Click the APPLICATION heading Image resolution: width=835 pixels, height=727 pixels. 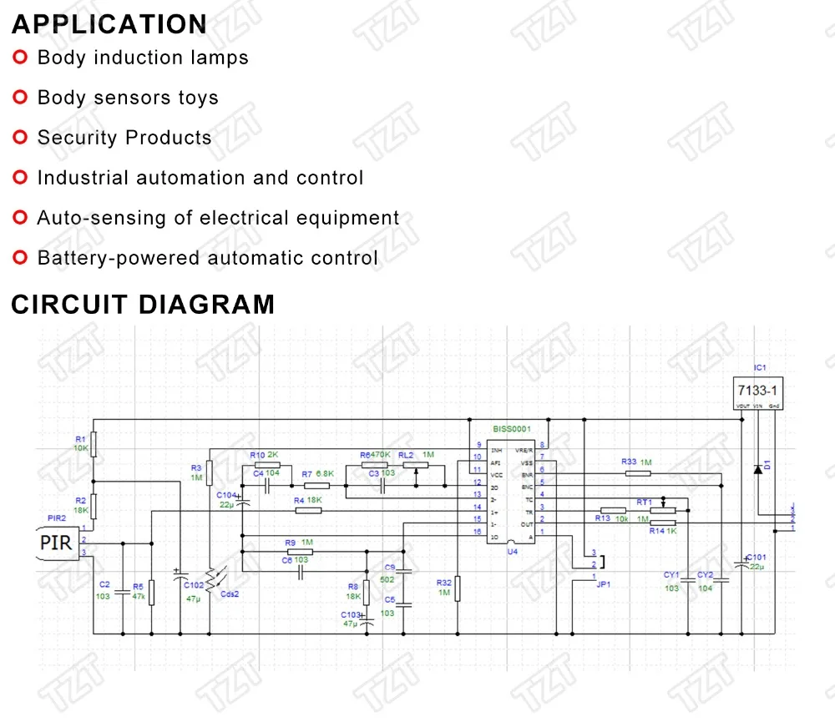pos(109,23)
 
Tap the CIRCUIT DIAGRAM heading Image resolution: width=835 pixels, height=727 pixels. pos(143,304)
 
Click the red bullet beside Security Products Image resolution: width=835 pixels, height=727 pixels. pos(20,137)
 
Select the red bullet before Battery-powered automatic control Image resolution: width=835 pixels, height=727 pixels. pos(20,258)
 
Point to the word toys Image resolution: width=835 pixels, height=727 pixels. pos(198,98)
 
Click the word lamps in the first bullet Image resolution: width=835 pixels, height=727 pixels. pos(220,58)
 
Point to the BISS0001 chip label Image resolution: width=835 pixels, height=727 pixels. pos(511,428)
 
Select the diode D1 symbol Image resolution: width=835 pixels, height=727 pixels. pos(757,469)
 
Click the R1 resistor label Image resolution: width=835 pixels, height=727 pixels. pos(80,438)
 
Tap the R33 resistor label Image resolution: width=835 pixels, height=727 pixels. pos(629,462)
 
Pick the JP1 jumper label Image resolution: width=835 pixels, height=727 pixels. pos(603,585)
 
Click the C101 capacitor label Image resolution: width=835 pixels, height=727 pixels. pos(756,557)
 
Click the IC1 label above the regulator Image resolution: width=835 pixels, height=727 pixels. pos(759,366)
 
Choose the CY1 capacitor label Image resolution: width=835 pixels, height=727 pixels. pos(671,574)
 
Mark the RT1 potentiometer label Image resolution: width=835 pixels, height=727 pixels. pos(644,502)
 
